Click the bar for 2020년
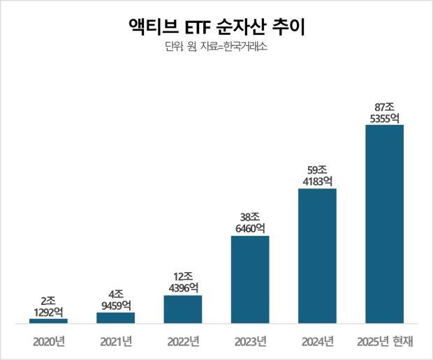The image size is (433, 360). [x=48, y=321]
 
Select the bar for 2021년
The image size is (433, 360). [x=115, y=318]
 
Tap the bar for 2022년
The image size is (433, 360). [x=183, y=309]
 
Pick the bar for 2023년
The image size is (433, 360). [x=250, y=280]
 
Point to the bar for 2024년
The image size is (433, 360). [x=317, y=256]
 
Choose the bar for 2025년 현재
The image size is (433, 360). [x=384, y=224]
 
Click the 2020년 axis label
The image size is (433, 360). [x=48, y=342]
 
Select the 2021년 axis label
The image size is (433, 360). [x=115, y=342]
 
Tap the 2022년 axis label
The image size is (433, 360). [x=183, y=342]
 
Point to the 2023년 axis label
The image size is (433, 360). [x=250, y=342]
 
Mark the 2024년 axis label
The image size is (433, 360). [x=317, y=342]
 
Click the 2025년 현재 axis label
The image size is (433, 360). [x=385, y=342]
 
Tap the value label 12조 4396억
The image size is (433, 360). [x=183, y=280]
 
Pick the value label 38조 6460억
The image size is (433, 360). [x=250, y=221]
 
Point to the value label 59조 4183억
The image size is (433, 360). [x=317, y=174]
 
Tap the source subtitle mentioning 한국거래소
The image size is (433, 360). [x=216, y=47]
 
